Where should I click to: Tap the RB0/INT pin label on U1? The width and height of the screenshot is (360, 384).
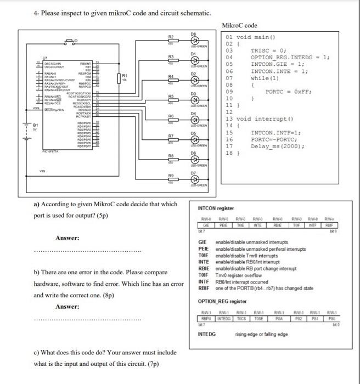(92, 63)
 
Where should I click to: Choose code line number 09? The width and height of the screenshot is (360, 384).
(230, 92)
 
